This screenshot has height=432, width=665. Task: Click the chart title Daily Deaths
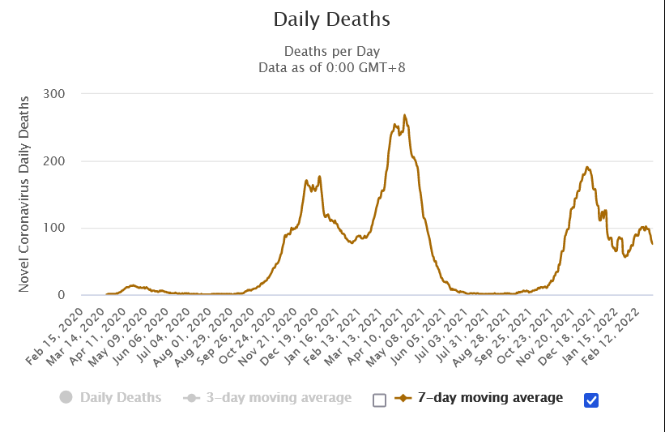(332, 19)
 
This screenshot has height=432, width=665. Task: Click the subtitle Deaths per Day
(332, 51)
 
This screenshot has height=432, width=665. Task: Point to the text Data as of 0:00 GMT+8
(332, 67)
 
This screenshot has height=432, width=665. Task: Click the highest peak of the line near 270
(404, 115)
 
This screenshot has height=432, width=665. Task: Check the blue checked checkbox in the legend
(590, 400)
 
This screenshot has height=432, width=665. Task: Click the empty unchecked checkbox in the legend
(379, 400)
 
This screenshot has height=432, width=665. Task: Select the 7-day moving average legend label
(490, 398)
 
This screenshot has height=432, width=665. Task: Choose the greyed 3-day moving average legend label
(279, 398)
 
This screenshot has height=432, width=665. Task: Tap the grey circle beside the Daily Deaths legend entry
(66, 398)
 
